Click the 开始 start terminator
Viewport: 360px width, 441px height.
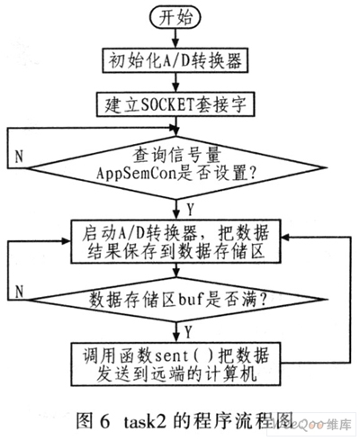point(175,17)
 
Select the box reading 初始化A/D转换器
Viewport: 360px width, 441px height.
point(175,60)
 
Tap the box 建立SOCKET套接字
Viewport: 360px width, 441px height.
point(175,104)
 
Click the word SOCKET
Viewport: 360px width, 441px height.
point(166,104)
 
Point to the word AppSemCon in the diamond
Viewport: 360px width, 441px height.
point(136,174)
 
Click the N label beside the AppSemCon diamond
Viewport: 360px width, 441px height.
point(19,157)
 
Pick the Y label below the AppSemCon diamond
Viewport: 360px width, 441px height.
point(190,209)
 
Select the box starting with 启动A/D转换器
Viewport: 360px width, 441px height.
point(175,241)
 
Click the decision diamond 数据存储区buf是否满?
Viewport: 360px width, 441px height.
point(177,299)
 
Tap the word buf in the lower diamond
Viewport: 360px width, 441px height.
point(192,299)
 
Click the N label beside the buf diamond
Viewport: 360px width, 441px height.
point(19,292)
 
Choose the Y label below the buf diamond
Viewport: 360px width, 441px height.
point(188,332)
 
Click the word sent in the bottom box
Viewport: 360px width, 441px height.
point(172,356)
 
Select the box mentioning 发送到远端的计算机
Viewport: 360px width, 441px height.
point(175,364)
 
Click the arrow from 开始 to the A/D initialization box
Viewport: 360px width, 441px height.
point(175,39)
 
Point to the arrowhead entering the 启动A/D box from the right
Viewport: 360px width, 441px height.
point(285,238)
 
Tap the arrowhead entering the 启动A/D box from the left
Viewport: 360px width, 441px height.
point(66,241)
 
